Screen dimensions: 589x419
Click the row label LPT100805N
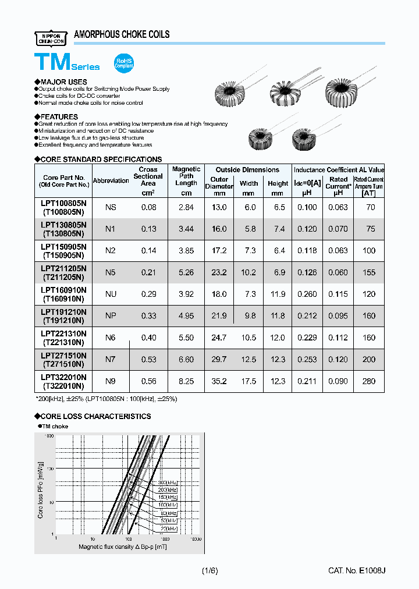coord(64,203)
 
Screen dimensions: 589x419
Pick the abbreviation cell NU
coord(111,294)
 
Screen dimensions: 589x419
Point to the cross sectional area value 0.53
coord(148,360)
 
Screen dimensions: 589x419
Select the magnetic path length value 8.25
coord(186,381)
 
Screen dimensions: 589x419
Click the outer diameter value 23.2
coord(219,272)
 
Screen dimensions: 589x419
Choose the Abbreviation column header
coord(111,180)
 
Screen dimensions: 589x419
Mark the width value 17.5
coord(248,381)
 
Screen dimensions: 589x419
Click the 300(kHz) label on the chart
coord(167,483)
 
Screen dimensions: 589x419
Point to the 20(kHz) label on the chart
coord(168,528)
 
